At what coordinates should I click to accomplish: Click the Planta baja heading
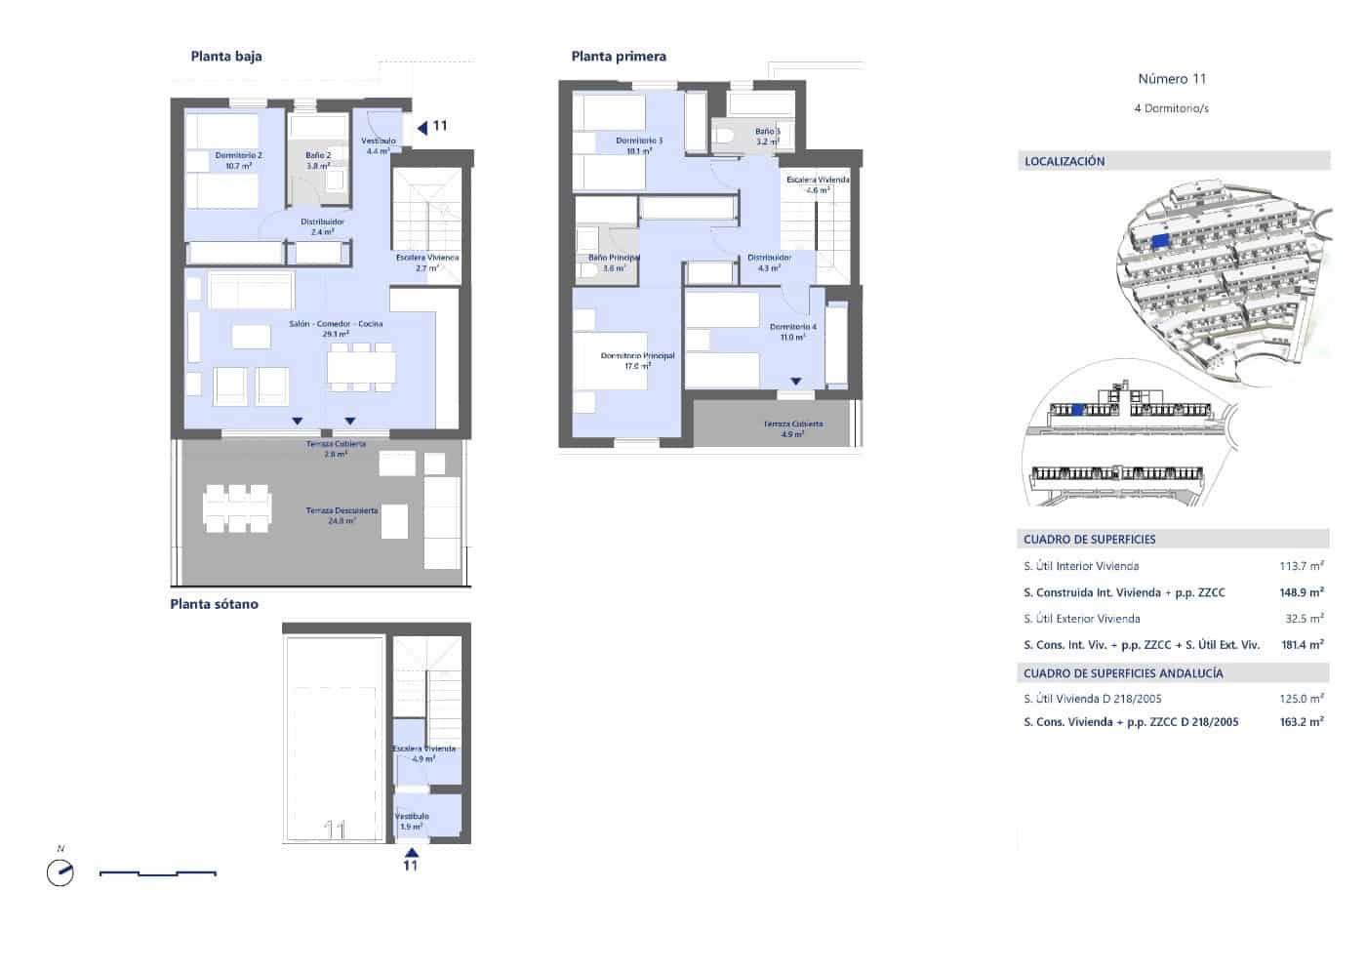point(226,57)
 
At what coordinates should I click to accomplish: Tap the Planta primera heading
point(619,57)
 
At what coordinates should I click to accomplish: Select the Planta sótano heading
point(214,604)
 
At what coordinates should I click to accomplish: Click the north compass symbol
point(60,871)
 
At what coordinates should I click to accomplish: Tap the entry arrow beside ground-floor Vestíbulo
point(422,127)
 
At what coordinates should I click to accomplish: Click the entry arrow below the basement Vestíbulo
point(411,851)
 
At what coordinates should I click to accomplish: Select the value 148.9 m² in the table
point(1301,592)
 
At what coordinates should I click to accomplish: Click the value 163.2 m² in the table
point(1301,722)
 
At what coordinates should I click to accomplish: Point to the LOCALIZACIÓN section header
point(1065,161)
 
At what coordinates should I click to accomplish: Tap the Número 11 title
point(1172,79)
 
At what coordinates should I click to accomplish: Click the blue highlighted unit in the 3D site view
point(1159,240)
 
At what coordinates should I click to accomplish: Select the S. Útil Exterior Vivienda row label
point(1081,619)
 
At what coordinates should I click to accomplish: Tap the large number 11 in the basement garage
point(335,830)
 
